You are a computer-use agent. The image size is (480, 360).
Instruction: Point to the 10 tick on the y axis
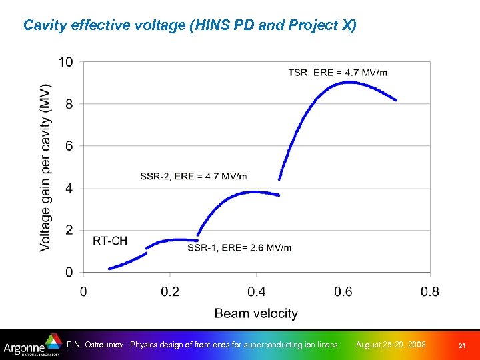coord(66,62)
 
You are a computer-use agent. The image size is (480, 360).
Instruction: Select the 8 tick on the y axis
coord(70,104)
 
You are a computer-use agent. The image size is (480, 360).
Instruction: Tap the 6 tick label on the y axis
coord(70,146)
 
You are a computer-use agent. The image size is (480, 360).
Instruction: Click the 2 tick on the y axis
coord(70,231)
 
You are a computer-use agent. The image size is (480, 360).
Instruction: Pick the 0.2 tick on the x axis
coord(170,291)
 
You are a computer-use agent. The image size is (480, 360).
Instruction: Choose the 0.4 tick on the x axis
coord(257,291)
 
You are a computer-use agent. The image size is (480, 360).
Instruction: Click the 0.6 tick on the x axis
coord(343,291)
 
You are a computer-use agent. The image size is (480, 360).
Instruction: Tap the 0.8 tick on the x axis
coord(430,291)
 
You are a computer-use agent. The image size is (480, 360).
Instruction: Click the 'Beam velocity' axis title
coord(256,313)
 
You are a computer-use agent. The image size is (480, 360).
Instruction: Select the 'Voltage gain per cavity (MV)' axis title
coord(45,167)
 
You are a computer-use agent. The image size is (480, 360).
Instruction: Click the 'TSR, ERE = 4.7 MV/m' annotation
coord(337,72)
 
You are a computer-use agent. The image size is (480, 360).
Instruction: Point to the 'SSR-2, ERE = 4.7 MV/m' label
coord(193,176)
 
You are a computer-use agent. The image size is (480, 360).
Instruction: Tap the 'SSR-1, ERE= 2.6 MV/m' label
coord(239,248)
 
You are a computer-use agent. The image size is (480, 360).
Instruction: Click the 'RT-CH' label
coord(110,240)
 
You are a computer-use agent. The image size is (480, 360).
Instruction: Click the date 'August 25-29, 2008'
coord(391,345)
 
